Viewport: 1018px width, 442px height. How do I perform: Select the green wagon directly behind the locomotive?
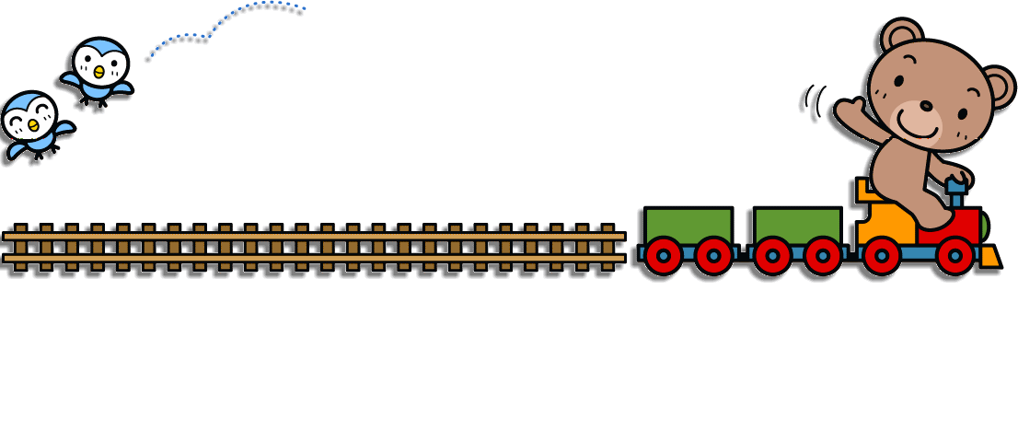point(797,226)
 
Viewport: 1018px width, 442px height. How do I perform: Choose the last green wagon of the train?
point(688,226)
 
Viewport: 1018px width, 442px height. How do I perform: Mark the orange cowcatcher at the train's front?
point(989,257)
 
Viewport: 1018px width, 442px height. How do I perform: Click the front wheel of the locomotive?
point(954,255)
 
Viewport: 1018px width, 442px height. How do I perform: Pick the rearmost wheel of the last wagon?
point(663,255)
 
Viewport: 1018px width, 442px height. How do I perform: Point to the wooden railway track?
point(313,247)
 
